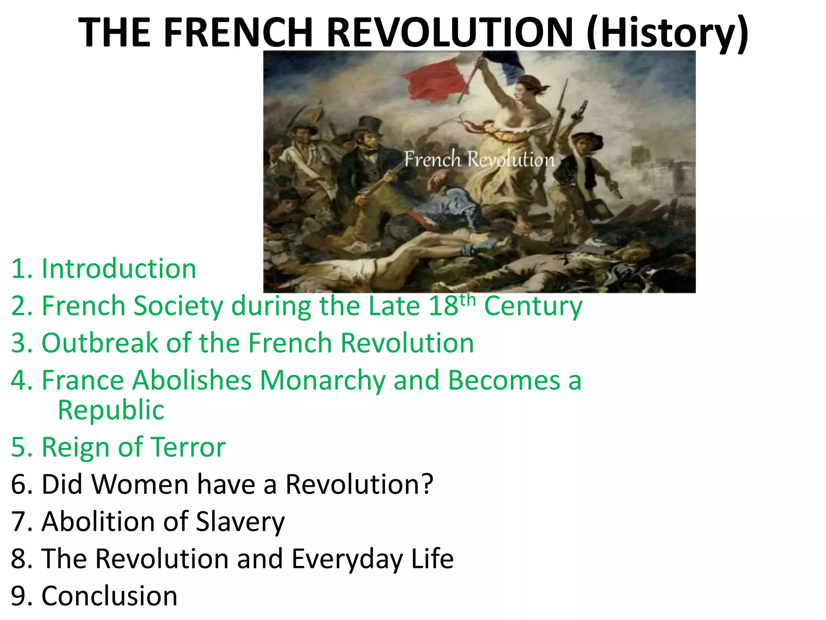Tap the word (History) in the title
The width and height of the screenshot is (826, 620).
pos(667,33)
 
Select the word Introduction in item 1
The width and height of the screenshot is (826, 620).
pos(119,269)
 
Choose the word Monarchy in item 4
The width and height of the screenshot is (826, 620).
pos(323,380)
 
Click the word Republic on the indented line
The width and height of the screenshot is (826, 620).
pos(111,410)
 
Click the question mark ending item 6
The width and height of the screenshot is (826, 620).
pos(426,484)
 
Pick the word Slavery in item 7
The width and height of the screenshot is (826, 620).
pos(240,522)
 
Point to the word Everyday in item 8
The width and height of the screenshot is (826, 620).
pos(347,559)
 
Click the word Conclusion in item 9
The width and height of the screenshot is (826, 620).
pos(109,596)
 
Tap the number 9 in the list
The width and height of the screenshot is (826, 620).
pos(19,596)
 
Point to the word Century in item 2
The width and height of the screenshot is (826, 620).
pos(533,306)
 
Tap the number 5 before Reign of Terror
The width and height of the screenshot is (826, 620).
pos(19,447)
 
